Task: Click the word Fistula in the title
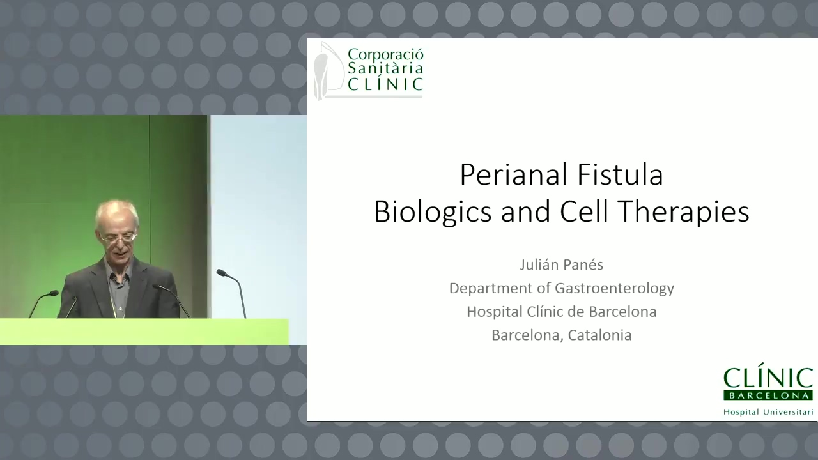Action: [620, 174]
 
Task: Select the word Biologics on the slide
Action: [433, 212]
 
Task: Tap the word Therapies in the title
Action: [684, 212]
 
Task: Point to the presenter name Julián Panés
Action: [561, 264]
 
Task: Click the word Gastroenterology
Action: [615, 288]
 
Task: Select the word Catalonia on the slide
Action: [599, 335]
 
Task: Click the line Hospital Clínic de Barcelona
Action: [562, 312]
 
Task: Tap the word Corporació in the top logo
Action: [385, 54]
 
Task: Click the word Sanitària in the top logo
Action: [385, 68]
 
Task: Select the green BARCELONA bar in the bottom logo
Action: [768, 395]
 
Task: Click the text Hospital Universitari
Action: [768, 412]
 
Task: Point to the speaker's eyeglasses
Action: [118, 238]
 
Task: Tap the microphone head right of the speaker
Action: [222, 273]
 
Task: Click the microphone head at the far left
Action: [53, 293]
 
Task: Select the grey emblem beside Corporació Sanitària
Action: [328, 70]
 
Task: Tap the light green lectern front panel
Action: [144, 332]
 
